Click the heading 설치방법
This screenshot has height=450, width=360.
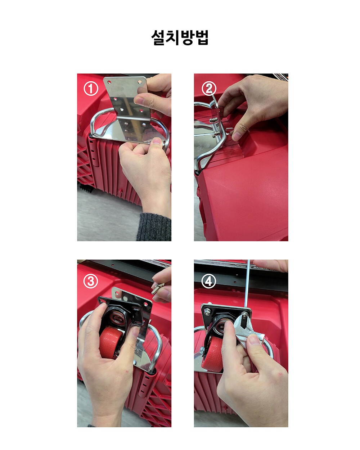[x=180, y=38]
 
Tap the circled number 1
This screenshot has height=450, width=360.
[x=91, y=89]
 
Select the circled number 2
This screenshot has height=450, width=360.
[x=209, y=89]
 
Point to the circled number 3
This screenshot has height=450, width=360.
[x=91, y=281]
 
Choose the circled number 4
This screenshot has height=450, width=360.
[x=208, y=281]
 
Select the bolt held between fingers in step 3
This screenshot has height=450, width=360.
[x=157, y=288]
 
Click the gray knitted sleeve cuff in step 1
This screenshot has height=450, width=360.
[x=154, y=227]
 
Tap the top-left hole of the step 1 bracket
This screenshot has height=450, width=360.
[x=109, y=82]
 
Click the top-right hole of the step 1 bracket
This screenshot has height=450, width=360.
[x=140, y=82]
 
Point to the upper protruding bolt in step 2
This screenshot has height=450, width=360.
[x=213, y=120]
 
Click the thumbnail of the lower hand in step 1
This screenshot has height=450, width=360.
[x=157, y=140]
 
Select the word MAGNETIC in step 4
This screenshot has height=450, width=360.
[x=260, y=267]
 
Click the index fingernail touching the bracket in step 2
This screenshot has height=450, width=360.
[x=237, y=136]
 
